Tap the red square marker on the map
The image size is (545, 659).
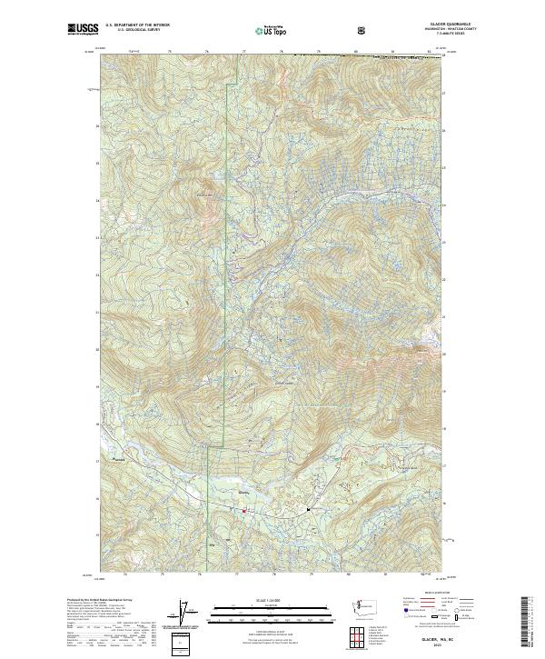pyautogui.click(x=243, y=511)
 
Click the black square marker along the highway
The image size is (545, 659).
pyautogui.click(x=309, y=510)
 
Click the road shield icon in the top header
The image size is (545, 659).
pyautogui.click(x=362, y=29)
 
